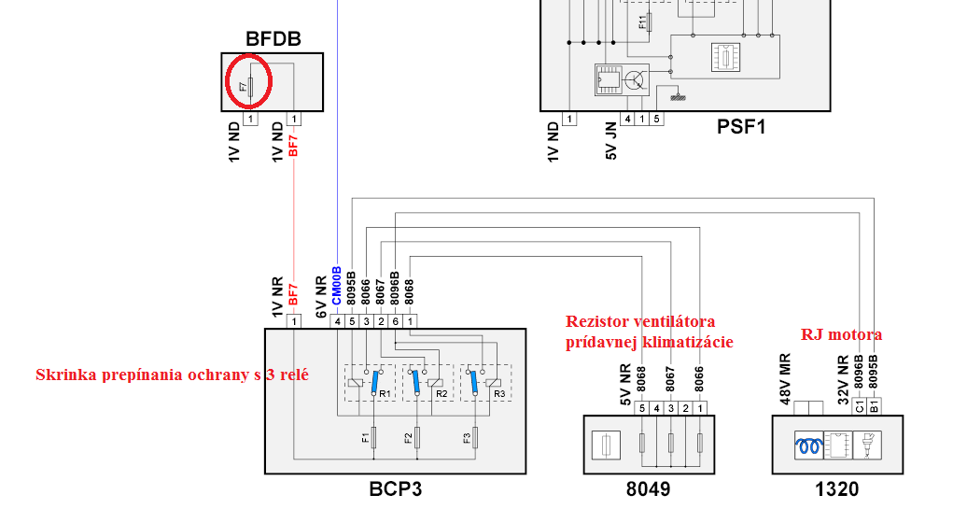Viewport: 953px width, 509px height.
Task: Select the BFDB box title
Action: [273, 39]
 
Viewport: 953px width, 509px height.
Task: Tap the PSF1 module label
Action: [741, 127]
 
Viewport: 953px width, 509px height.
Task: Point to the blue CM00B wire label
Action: [337, 286]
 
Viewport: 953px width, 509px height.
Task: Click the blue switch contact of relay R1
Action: [375, 381]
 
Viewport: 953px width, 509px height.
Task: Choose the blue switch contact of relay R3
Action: [473, 381]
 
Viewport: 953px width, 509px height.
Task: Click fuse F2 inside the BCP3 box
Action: [417, 436]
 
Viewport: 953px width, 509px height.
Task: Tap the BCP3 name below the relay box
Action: [401, 488]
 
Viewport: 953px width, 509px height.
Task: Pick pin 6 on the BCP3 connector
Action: [397, 321]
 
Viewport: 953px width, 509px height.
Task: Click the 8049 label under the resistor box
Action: [648, 488]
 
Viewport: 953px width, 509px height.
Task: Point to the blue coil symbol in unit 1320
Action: [807, 446]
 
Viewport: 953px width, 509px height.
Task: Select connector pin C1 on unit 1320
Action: [859, 407]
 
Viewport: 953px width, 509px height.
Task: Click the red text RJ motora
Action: [841, 334]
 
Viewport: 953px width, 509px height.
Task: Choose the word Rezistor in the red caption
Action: [599, 322]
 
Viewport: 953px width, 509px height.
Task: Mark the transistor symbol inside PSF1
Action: [636, 80]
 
